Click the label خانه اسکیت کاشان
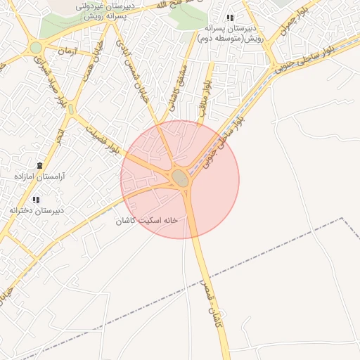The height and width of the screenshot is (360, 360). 147,220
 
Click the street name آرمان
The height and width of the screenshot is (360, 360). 67,51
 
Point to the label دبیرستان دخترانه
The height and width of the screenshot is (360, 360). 37,210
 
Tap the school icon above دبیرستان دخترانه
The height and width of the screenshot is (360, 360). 36,199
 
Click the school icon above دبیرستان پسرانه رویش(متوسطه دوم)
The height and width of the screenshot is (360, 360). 229,18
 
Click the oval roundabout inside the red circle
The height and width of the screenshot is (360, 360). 181,178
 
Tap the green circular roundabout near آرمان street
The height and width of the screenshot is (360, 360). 36,47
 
